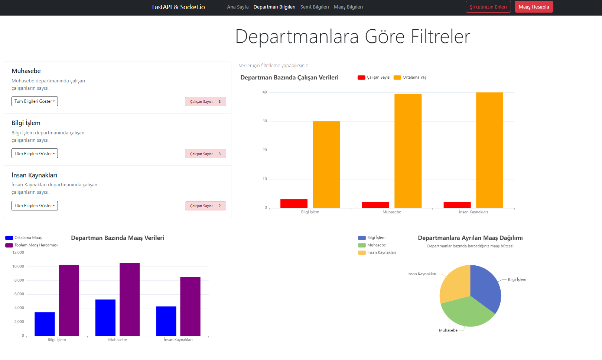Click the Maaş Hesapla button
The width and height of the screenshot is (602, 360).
point(534,7)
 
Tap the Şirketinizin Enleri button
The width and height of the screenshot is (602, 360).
point(488,7)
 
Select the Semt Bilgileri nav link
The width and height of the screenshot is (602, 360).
point(315,7)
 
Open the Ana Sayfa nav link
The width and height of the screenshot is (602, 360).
point(238,7)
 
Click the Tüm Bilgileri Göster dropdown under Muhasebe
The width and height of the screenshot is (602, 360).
point(35,101)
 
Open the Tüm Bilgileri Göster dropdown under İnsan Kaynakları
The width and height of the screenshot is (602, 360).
point(35,206)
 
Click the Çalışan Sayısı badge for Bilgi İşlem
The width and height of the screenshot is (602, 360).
point(205,154)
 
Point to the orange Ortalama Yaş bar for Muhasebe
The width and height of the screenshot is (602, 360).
point(408,150)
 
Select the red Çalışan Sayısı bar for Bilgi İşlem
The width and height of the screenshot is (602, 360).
point(294,203)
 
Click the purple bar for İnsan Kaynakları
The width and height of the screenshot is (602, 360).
point(190,306)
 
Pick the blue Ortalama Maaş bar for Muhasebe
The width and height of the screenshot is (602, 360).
point(105,317)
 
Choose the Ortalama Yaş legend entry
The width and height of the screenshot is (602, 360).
point(410,77)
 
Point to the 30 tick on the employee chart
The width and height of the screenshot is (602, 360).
point(264,121)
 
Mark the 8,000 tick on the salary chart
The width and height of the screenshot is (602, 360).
point(19,280)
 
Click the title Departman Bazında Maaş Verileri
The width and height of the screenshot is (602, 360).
point(117,238)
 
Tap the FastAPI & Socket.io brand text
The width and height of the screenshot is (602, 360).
point(178,7)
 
